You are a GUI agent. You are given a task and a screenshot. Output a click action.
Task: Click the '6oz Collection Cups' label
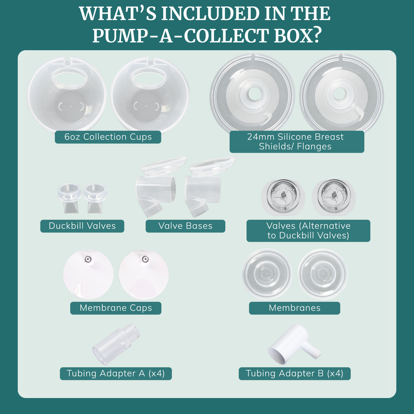(x=108, y=137)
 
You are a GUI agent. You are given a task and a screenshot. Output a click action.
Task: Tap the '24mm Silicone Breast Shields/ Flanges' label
(x=297, y=142)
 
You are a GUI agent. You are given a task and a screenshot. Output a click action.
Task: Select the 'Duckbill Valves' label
(x=82, y=226)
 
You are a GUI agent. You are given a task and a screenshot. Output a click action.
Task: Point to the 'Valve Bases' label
(x=185, y=226)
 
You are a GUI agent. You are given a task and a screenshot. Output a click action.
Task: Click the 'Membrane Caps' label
(x=116, y=308)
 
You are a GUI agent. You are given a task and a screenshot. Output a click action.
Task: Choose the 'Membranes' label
(x=294, y=308)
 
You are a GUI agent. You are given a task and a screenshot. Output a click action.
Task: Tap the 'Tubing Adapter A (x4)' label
(x=116, y=374)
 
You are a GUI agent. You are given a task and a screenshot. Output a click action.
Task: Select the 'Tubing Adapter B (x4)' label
(x=294, y=374)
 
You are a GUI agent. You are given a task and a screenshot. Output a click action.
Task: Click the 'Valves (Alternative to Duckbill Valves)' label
(x=308, y=231)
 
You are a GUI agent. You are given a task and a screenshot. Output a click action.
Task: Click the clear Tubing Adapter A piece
(x=116, y=344)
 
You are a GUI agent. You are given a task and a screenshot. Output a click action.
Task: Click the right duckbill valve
(x=95, y=198)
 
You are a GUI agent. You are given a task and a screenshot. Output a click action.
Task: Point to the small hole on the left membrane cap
(x=88, y=259)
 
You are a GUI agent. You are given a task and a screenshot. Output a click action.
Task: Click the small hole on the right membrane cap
(x=145, y=259)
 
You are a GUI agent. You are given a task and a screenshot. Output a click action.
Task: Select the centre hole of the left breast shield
(x=254, y=93)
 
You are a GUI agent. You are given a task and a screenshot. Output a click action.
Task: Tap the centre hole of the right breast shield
(x=340, y=93)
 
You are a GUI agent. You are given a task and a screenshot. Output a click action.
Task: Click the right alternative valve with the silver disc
(x=334, y=197)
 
